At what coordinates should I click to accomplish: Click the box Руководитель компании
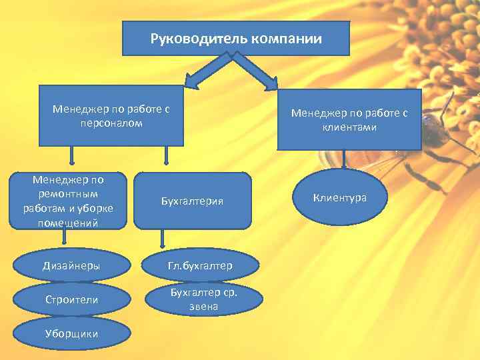(236, 38)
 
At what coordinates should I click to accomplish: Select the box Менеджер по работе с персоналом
(111, 115)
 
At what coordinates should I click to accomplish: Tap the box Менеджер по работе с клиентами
(349, 119)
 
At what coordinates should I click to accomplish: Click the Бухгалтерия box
(193, 201)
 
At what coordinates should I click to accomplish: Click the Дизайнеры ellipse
(73, 265)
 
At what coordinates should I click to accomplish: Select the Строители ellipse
(73, 300)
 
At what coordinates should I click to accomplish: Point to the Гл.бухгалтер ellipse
(200, 265)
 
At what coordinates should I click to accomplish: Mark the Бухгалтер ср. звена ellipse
(204, 299)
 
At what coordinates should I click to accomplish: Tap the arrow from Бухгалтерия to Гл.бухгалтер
(162, 239)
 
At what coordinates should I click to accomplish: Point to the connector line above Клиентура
(344, 160)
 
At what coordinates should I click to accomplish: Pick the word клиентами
(349, 127)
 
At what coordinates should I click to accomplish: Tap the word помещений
(65, 223)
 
